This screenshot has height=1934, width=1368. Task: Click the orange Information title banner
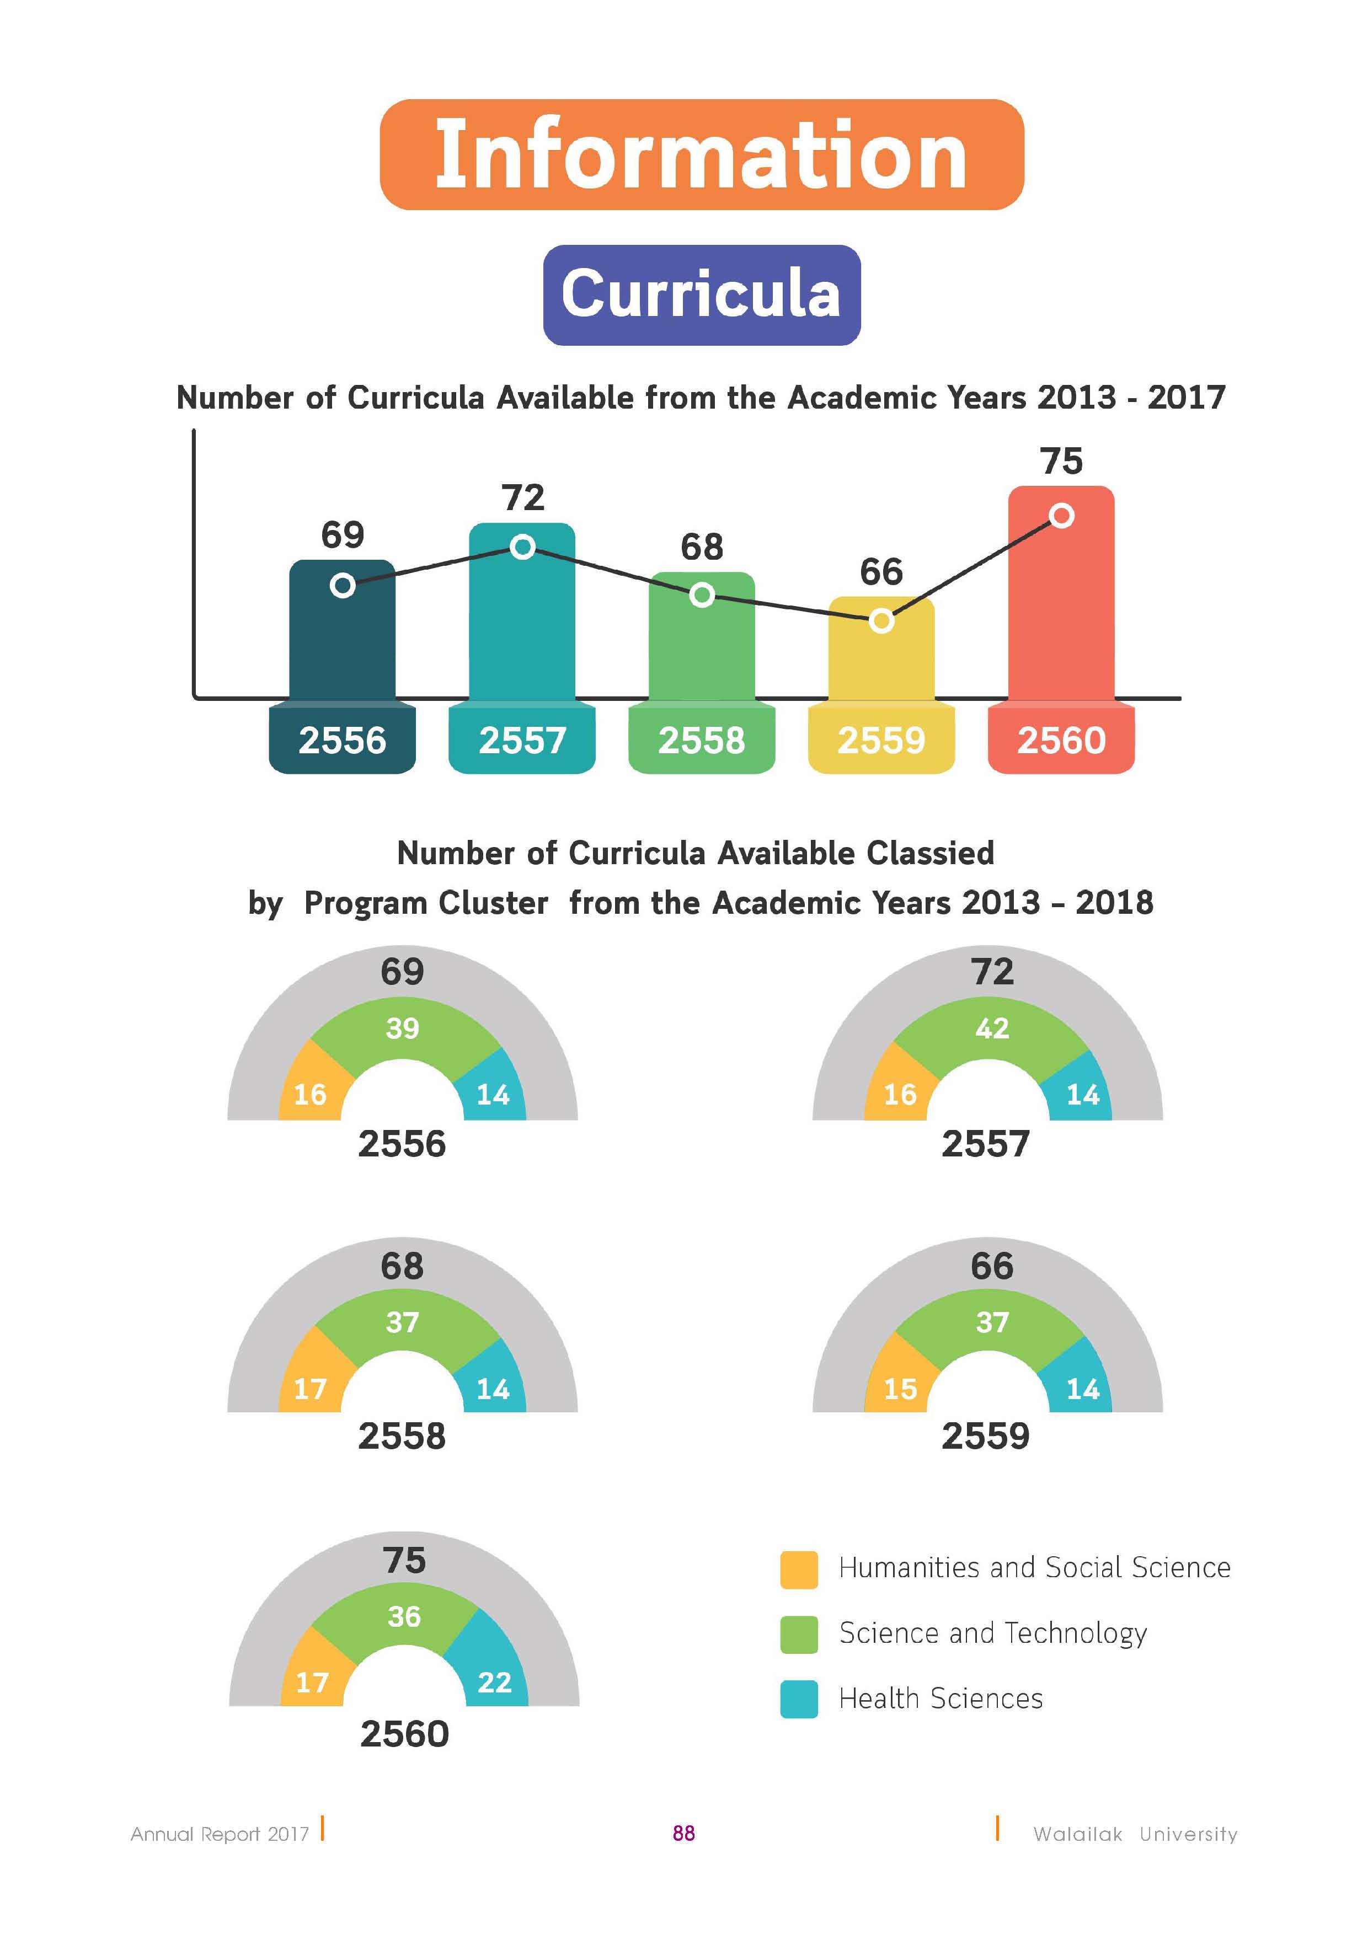click(702, 154)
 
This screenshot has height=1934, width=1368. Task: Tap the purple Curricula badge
click(702, 295)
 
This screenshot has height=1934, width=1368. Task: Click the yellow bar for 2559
click(881, 649)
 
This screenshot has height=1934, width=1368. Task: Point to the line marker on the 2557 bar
click(522, 548)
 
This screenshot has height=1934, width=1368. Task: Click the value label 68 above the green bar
click(702, 548)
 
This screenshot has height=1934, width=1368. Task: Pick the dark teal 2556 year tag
click(342, 740)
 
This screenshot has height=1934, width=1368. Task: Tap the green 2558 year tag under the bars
click(702, 740)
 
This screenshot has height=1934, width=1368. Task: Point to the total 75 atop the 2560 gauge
click(404, 1560)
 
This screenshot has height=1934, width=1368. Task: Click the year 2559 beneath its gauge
click(986, 1436)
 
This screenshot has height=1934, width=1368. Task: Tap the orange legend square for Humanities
click(799, 1569)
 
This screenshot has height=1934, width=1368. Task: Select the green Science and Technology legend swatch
click(799, 1634)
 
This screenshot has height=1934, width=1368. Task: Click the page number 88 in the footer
click(684, 1833)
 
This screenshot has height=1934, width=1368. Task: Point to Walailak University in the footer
click(1136, 1834)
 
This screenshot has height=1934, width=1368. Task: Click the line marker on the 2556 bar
click(342, 585)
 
